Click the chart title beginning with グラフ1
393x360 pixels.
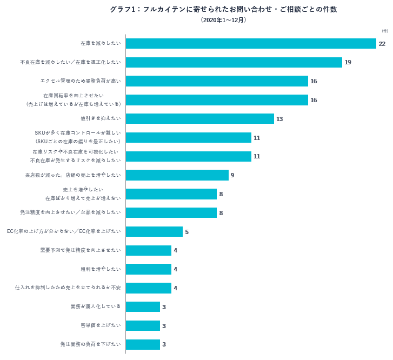point(223,9)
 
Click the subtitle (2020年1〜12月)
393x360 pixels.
point(223,20)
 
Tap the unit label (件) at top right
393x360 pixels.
point(385,31)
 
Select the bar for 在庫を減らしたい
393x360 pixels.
point(251,44)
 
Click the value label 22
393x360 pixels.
point(382,44)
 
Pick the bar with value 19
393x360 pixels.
point(234,62)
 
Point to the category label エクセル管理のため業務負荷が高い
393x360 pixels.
point(81,81)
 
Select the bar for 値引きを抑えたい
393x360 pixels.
point(200,119)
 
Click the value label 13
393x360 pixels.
point(279,119)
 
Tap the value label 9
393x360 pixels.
point(232,175)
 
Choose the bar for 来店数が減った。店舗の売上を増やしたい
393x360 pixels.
point(177,175)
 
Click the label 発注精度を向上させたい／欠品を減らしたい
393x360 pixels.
point(71,212)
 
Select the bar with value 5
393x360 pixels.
point(154,231)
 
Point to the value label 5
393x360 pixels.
point(186,232)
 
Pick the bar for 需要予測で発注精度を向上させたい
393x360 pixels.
point(149,250)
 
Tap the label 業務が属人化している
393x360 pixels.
point(96,306)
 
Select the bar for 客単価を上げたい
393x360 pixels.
point(143,325)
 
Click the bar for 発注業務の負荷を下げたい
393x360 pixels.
point(143,344)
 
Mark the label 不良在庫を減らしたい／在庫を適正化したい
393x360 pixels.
point(71,62)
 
